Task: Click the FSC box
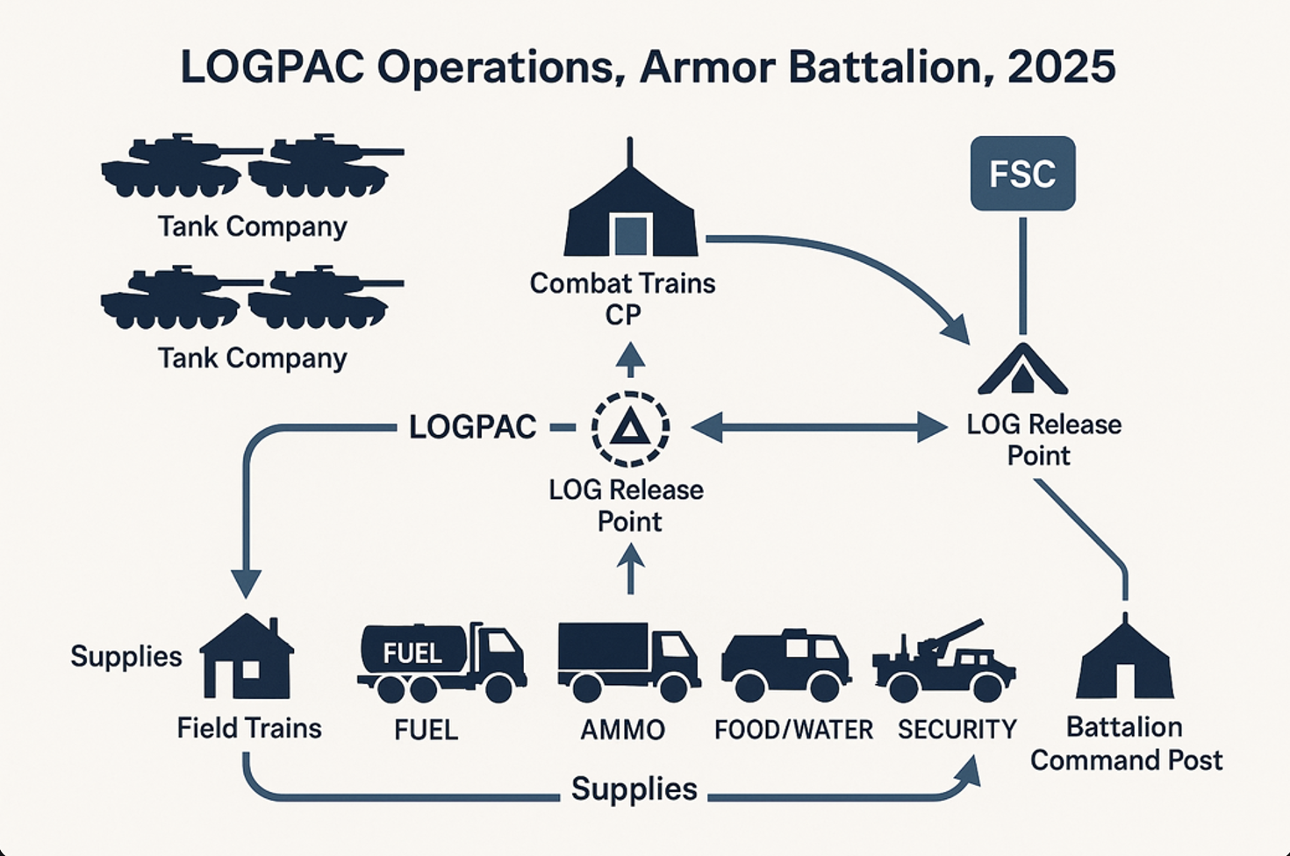tap(1022, 174)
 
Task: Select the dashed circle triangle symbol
tap(630, 428)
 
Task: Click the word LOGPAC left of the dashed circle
tap(473, 427)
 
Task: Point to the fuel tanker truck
tap(441, 662)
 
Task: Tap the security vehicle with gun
tap(944, 664)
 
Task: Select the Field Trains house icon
tap(247, 657)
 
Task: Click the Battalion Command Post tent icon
tap(1124, 660)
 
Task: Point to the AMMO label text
tap(623, 730)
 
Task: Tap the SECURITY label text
tap(957, 730)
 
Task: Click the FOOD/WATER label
tap(793, 730)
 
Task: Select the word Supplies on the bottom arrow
tap(634, 789)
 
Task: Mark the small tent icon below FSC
tap(1022, 369)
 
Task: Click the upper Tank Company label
tap(253, 227)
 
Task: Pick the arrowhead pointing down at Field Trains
tap(247, 584)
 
